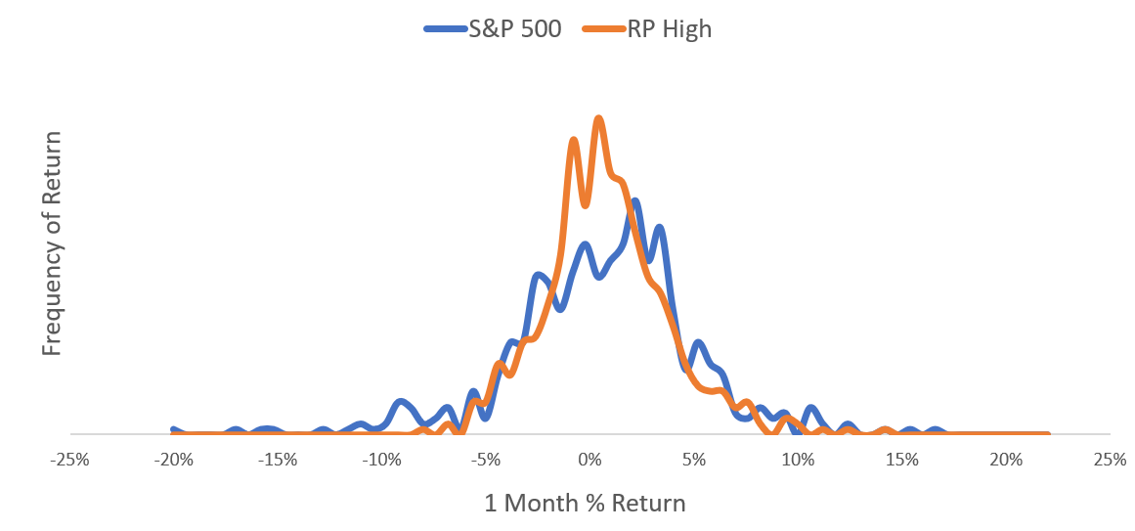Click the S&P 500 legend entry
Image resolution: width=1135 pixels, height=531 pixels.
(x=492, y=29)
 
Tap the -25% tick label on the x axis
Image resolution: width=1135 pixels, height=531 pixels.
(x=69, y=460)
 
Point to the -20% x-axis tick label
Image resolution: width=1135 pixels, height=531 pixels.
(x=174, y=460)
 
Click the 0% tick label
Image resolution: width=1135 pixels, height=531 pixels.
(x=589, y=460)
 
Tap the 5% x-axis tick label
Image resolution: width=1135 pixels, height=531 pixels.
(x=694, y=460)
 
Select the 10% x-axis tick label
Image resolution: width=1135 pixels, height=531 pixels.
(x=798, y=460)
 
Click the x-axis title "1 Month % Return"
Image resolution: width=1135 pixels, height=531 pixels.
(x=585, y=503)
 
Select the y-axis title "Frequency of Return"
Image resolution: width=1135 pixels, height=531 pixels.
(x=52, y=244)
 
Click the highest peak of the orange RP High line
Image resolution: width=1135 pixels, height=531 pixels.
(x=598, y=118)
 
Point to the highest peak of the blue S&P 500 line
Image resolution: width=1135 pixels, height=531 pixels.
(x=634, y=201)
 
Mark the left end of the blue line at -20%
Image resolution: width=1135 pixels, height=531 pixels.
(x=173, y=429)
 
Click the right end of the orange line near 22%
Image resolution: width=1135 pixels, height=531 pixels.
(x=1047, y=434)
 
